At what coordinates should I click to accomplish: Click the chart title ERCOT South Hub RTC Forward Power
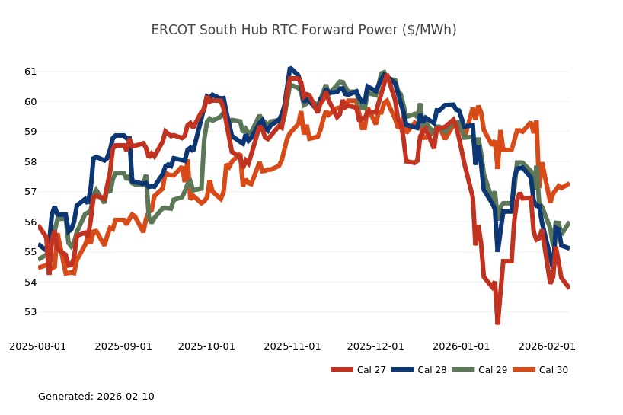(x=304, y=30)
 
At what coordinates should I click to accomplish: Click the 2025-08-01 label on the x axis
(x=37, y=346)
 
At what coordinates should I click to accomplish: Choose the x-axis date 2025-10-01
(x=206, y=346)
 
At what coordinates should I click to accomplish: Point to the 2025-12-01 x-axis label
(x=375, y=346)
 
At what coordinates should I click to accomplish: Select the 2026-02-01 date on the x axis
(x=546, y=346)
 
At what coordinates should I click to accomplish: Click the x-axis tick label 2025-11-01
(x=292, y=346)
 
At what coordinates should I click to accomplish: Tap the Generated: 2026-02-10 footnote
(x=96, y=397)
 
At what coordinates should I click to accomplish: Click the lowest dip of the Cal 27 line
(x=497, y=323)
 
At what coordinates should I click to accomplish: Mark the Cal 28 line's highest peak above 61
(x=291, y=69)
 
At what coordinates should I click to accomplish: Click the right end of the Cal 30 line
(x=568, y=184)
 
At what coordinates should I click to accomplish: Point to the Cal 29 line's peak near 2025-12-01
(x=384, y=73)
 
